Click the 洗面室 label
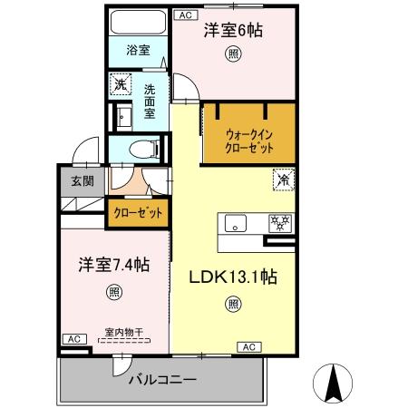pos(151,100)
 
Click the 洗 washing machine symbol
pos(119,86)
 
